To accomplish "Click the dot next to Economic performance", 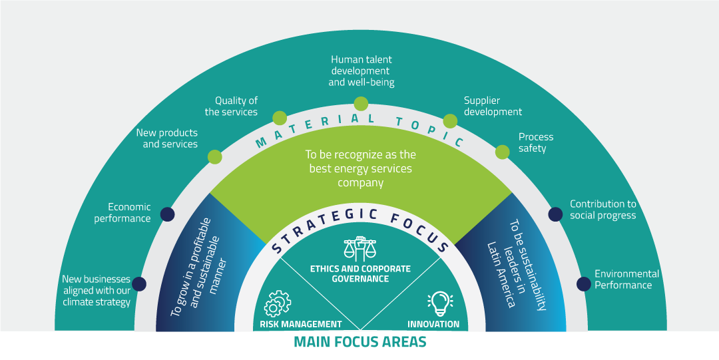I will point(168,214).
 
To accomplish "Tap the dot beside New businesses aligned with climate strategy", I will point(139,284).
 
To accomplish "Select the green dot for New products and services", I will point(214,157).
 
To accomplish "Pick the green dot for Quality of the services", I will point(280,118).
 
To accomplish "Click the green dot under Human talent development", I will point(361,104).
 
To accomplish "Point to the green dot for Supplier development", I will point(450,121).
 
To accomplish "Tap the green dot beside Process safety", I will point(502,152).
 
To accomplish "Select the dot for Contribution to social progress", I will point(555,214).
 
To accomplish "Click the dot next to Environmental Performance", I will point(584,284).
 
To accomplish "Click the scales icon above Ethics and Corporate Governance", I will point(359,248).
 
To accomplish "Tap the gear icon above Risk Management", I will point(277,303).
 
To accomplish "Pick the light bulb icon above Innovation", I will point(439,303).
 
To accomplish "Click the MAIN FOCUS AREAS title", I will point(360,343).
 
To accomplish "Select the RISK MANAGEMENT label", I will point(300,324).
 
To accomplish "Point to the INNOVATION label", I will point(433,324).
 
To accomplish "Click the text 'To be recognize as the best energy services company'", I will point(360,168).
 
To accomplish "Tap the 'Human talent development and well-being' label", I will point(361,71).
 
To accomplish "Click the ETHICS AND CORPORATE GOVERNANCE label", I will point(360,273).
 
